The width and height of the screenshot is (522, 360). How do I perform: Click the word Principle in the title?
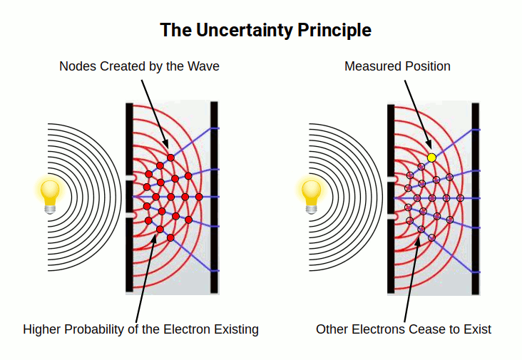coord(337,30)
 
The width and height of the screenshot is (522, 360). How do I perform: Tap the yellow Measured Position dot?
coord(431,158)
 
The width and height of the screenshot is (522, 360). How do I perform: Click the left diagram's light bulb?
coord(50,195)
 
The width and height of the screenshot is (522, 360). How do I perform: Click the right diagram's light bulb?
coord(312,195)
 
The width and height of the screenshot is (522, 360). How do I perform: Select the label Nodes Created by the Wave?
coord(139,66)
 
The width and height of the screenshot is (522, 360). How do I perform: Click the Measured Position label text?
coord(397,66)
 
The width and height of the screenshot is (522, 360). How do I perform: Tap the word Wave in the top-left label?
coord(204,66)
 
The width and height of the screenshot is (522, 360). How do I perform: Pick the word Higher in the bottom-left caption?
coord(41,329)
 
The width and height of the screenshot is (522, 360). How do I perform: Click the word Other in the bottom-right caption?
coord(332,329)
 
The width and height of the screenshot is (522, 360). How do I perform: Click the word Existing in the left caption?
coord(236,329)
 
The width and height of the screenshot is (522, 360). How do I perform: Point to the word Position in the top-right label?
coord(426,66)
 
